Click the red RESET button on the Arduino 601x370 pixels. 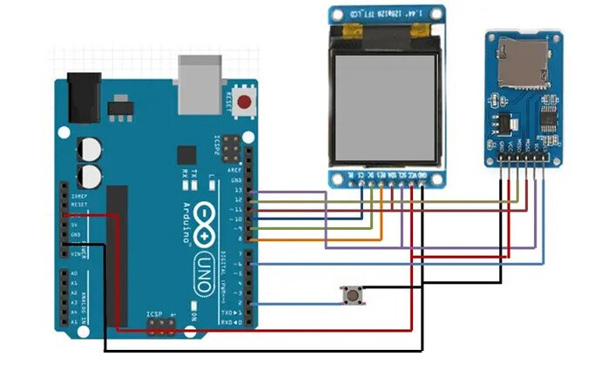pyautogui.click(x=245, y=102)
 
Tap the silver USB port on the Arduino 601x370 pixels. pyautogui.click(x=199, y=85)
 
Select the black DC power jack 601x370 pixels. pyautogui.click(x=84, y=97)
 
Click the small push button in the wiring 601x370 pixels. pyautogui.click(x=352, y=296)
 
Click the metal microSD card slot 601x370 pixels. pyautogui.click(x=523, y=63)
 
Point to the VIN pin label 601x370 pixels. pyautogui.click(x=75, y=252)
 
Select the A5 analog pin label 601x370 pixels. pyautogui.click(x=75, y=321)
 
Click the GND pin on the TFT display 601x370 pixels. pyautogui.click(x=422, y=174)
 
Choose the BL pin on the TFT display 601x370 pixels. pyautogui.click(x=350, y=174)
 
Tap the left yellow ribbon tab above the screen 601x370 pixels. pyautogui.click(x=352, y=31)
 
